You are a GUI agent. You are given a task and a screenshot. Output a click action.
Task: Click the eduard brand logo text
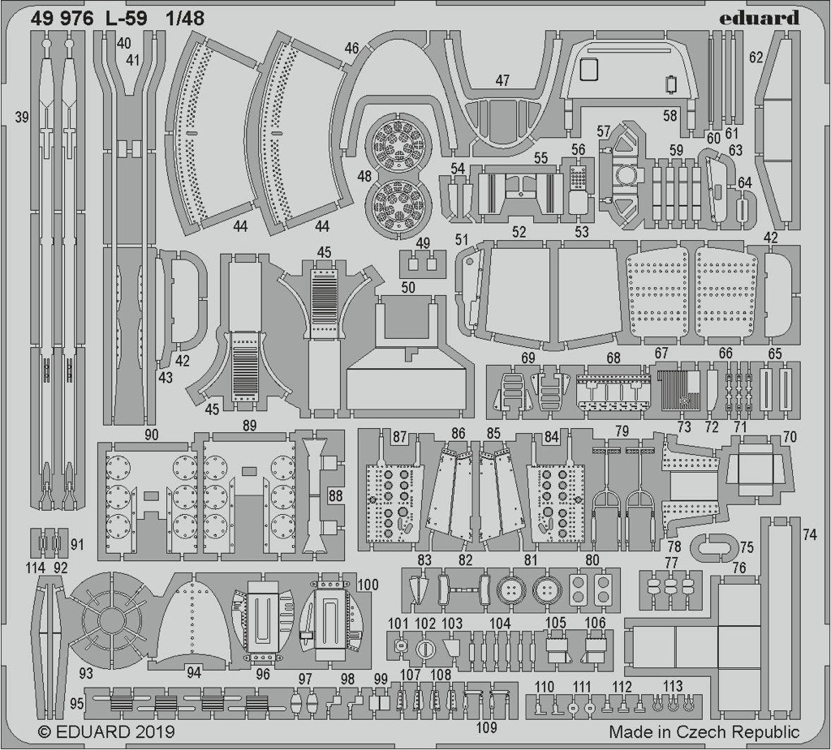[759, 18]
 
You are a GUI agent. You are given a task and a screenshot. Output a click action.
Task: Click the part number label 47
[502, 80]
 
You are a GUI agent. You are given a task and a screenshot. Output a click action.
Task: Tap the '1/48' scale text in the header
[184, 19]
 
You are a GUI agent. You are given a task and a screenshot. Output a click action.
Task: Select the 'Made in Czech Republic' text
[704, 732]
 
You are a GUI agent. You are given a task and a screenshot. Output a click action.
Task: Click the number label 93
[86, 673]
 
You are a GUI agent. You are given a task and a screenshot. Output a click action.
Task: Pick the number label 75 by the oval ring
[747, 546]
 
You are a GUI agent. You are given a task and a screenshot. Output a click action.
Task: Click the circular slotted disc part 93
[109, 618]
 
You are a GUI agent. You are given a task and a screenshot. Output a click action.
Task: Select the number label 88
[335, 496]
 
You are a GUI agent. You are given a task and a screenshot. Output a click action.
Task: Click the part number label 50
[407, 288]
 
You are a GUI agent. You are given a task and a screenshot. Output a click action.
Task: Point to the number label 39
[21, 117]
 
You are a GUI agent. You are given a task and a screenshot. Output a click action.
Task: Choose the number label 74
[810, 535]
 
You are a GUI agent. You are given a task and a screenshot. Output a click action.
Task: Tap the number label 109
[487, 727]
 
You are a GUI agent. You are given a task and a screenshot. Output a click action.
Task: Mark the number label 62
[756, 57]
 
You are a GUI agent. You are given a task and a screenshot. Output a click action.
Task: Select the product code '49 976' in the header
[62, 19]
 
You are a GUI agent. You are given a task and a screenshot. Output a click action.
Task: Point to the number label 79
[622, 431]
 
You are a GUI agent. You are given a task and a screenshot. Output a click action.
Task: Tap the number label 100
[368, 585]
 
